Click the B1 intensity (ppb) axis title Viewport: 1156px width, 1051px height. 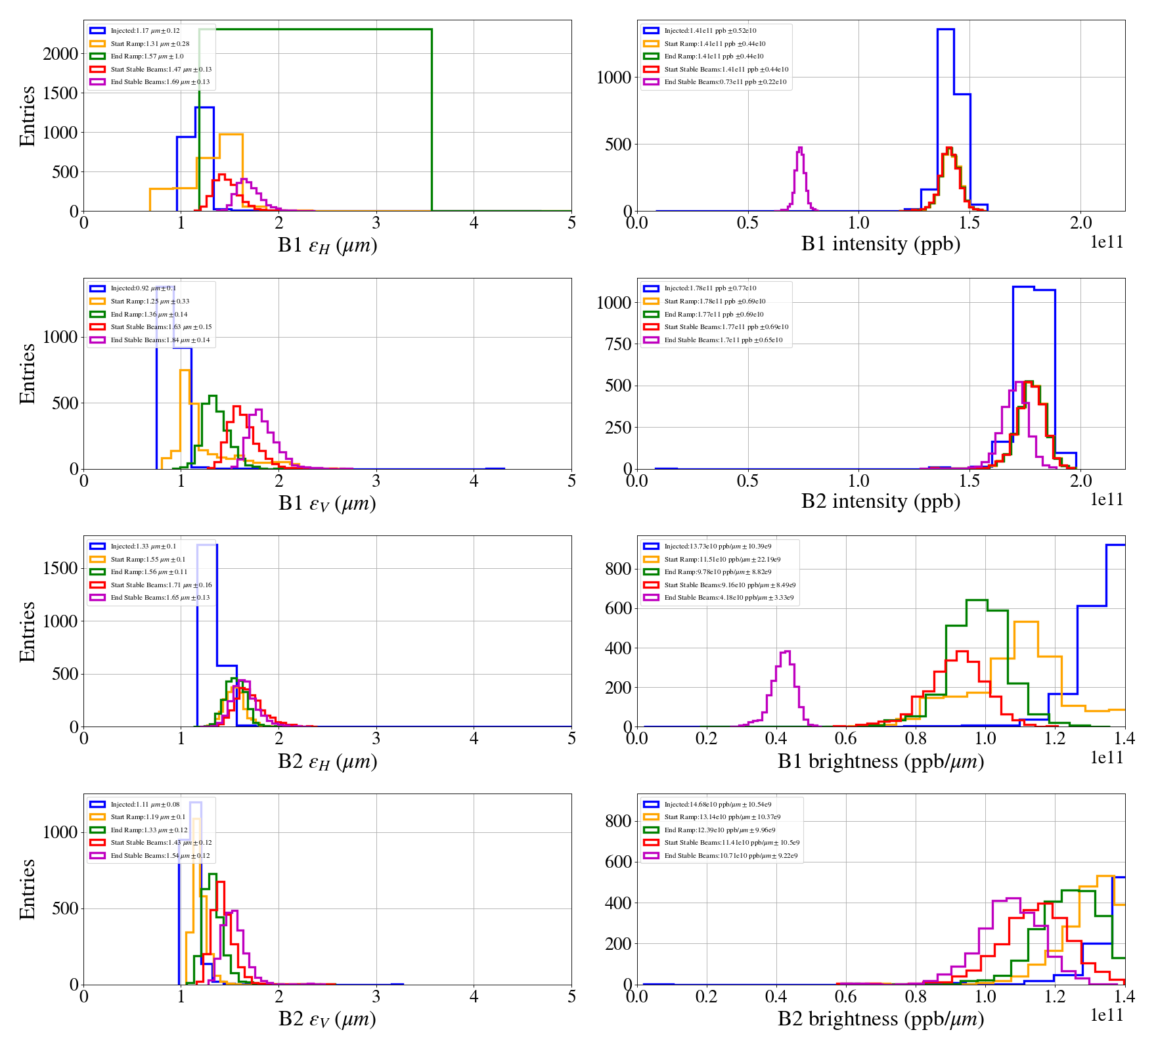(x=880, y=244)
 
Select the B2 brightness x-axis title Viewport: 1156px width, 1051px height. (x=880, y=1019)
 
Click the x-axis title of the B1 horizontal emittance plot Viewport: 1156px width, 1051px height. (x=327, y=245)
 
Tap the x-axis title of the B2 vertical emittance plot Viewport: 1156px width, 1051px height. (x=327, y=1019)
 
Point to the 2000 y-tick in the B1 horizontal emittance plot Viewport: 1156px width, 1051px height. (x=60, y=54)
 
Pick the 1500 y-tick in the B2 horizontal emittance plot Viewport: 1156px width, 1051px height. (x=60, y=568)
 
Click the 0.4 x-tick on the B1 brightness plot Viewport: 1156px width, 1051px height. (x=776, y=738)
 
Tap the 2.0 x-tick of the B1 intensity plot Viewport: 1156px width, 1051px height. (x=1081, y=223)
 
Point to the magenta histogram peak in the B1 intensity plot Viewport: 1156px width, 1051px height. (x=800, y=148)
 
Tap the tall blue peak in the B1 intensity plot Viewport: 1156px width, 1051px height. (x=945, y=30)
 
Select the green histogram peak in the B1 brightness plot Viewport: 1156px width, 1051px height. (x=977, y=601)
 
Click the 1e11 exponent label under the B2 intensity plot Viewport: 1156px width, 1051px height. (x=1107, y=500)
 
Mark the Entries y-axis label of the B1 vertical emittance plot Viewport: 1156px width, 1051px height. (x=28, y=373)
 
